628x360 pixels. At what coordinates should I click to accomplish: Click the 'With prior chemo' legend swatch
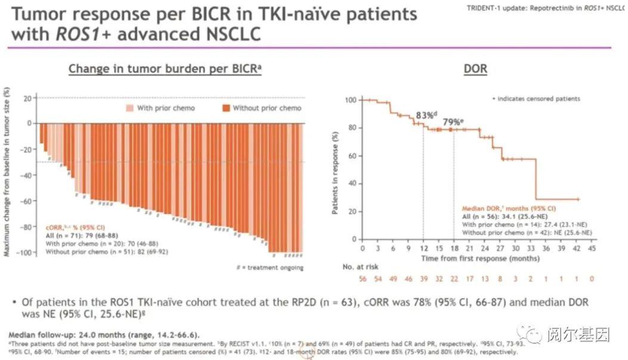tap(129, 108)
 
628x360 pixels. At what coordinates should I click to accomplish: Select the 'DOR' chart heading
tap(475, 69)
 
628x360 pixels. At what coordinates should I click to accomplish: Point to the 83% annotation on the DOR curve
tap(425, 115)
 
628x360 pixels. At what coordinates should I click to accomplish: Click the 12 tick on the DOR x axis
tap(423, 247)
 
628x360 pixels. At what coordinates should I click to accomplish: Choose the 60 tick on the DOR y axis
tap(351, 156)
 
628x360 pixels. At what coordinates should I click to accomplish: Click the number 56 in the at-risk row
tap(363, 279)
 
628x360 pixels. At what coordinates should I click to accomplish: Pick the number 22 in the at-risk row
tap(454, 279)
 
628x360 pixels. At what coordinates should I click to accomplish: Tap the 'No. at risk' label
tap(360, 267)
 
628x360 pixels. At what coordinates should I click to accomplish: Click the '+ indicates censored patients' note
tap(536, 98)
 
